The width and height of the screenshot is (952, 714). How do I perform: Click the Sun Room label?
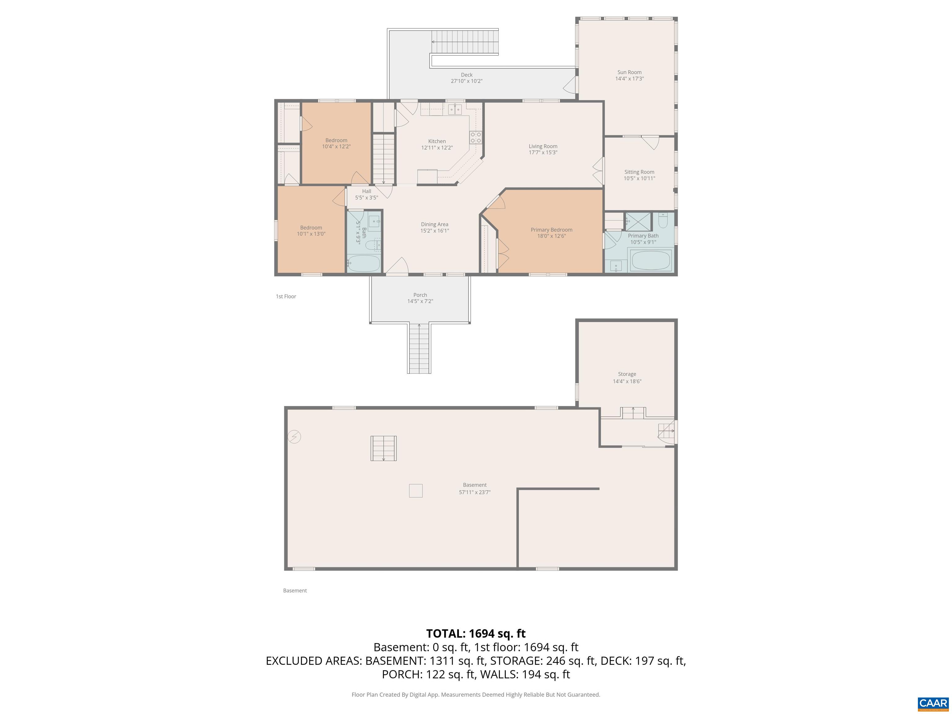pyautogui.click(x=629, y=72)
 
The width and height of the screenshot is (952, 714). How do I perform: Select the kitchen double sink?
pyautogui.click(x=455, y=109)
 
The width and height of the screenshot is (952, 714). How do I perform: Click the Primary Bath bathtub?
pyautogui.click(x=650, y=260)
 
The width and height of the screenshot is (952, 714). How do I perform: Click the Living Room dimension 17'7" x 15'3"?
pyautogui.click(x=543, y=152)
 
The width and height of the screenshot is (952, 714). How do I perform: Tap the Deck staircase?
pyautogui.click(x=465, y=42)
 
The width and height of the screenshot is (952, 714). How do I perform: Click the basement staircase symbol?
pyautogui.click(x=383, y=448)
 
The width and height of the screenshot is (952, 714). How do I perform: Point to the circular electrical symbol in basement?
pyautogui.click(x=294, y=437)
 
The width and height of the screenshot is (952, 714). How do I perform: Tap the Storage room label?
pyautogui.click(x=627, y=374)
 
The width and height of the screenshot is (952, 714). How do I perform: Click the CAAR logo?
pyautogui.click(x=933, y=703)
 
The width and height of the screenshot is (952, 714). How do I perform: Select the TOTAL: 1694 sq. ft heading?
pyautogui.click(x=476, y=633)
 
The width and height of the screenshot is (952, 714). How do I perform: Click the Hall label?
pyautogui.click(x=366, y=191)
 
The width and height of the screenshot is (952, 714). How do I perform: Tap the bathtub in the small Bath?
pyautogui.click(x=364, y=263)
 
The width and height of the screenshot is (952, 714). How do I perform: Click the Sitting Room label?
pyautogui.click(x=639, y=172)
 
